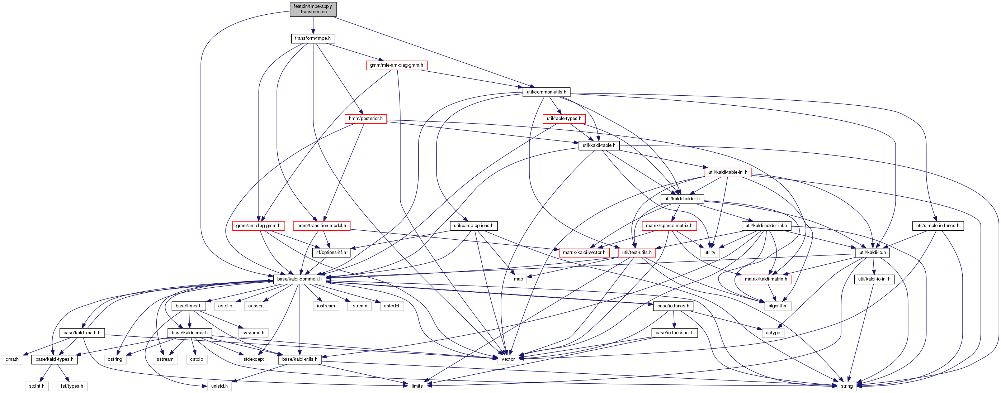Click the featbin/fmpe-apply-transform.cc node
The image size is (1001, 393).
[x=313, y=9]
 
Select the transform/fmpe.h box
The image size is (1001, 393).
[x=313, y=38]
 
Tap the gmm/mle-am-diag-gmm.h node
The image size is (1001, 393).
[x=396, y=65]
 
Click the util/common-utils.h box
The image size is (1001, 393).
[x=546, y=92]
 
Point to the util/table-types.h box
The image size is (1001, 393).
[x=564, y=119]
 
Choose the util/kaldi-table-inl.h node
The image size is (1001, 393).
[x=728, y=172]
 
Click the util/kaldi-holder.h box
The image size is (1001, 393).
[x=682, y=199]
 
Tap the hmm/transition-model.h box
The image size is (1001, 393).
[x=322, y=226]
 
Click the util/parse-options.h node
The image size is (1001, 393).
[x=474, y=226]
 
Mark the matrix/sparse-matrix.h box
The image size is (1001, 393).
[x=669, y=226]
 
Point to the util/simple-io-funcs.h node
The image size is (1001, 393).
[x=938, y=226]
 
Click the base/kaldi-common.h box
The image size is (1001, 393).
[x=299, y=279]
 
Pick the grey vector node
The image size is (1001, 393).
[x=508, y=360]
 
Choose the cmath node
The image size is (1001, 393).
[x=12, y=360]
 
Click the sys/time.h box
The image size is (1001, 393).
[x=253, y=333]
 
